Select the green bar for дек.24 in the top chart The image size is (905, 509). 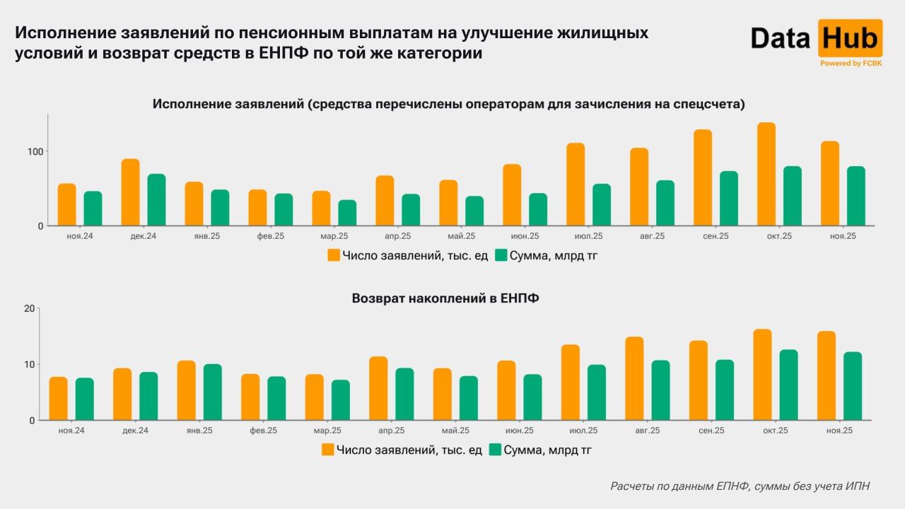(x=156, y=200)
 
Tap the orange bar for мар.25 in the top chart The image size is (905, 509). (x=321, y=209)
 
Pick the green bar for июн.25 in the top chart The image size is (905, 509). (x=538, y=209)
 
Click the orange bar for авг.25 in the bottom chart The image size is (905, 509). (x=634, y=378)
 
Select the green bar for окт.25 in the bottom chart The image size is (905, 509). (x=788, y=385)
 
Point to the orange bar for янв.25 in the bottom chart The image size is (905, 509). (x=187, y=390)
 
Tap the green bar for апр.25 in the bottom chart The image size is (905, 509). (x=404, y=394)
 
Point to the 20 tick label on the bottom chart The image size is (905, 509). (x=29, y=308)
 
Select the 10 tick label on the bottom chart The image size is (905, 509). (x=29, y=364)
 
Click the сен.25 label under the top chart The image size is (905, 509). (x=715, y=236)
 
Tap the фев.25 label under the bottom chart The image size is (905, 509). (x=263, y=431)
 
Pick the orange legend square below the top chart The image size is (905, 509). (x=334, y=255)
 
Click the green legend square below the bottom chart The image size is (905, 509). (x=495, y=450)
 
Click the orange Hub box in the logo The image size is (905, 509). (x=850, y=38)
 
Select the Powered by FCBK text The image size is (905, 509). (x=851, y=64)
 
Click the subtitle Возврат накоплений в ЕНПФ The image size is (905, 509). (x=445, y=298)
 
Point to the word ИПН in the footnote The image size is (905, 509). (x=858, y=486)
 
